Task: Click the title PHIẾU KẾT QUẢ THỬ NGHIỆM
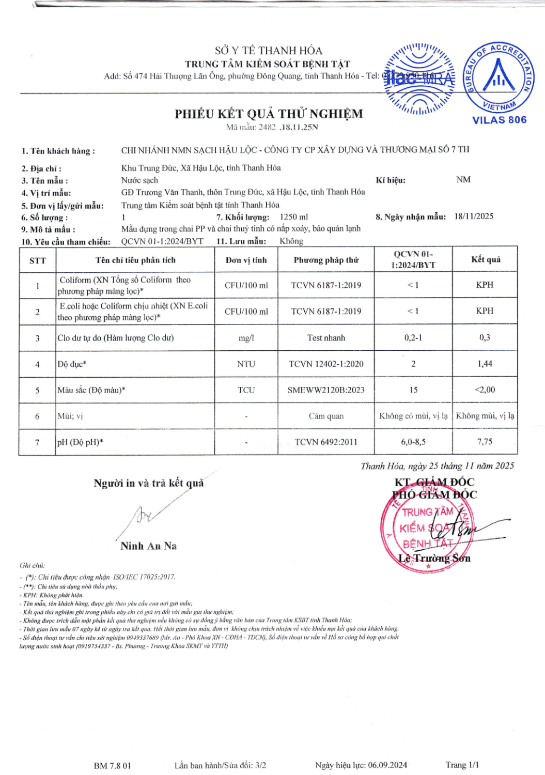click(x=269, y=114)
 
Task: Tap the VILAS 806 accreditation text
click(x=499, y=120)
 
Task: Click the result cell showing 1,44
click(x=485, y=364)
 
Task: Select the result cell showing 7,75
click(x=485, y=442)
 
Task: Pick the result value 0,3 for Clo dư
click(x=485, y=337)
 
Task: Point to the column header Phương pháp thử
click(x=326, y=260)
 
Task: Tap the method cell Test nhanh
click(x=326, y=338)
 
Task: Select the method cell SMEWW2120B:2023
click(x=326, y=390)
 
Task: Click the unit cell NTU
click(x=246, y=364)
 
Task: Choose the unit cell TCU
click(x=246, y=390)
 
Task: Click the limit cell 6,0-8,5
click(x=413, y=442)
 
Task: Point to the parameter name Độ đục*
click(x=72, y=364)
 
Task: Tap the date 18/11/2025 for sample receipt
click(x=474, y=216)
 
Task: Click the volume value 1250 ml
click(x=293, y=217)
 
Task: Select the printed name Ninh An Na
click(x=149, y=546)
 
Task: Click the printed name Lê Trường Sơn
click(x=434, y=559)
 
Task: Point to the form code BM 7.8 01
click(x=113, y=765)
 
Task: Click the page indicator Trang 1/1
click(x=462, y=765)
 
